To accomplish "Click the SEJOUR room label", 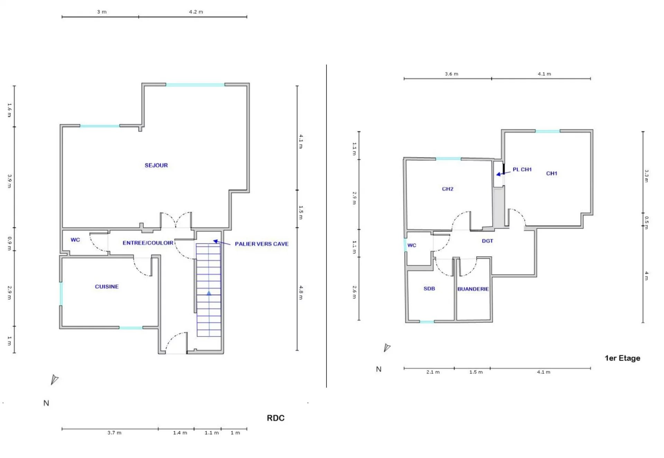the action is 156,165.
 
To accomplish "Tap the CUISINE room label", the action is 107,287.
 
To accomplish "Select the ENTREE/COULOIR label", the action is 148,243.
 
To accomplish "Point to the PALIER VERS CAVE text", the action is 262,244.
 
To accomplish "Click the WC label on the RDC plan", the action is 75,240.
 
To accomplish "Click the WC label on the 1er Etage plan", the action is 412,245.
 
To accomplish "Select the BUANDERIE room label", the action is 473,289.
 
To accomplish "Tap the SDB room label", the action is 429,288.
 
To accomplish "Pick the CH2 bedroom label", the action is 448,189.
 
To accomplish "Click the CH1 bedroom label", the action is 552,173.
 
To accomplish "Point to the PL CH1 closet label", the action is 522,170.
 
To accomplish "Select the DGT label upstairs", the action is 488,241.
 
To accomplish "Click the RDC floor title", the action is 276,418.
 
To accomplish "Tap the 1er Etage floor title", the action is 622,358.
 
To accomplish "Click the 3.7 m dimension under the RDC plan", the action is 114,433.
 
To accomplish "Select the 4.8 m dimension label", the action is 301,293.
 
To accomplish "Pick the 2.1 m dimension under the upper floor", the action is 433,372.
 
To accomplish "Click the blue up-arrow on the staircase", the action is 209,293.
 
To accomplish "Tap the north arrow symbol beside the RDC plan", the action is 54,379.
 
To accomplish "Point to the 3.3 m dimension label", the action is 646,176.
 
